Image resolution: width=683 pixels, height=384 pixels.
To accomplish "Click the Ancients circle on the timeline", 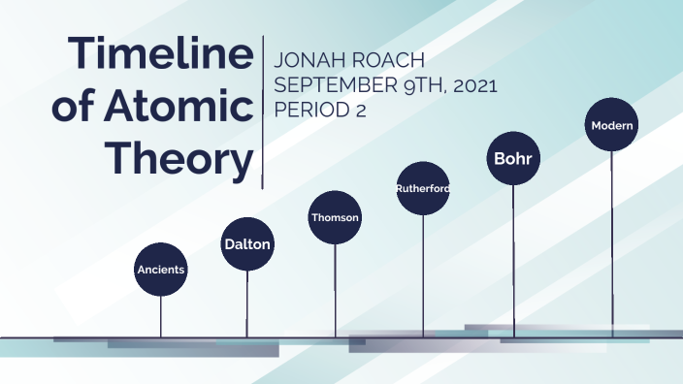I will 161,268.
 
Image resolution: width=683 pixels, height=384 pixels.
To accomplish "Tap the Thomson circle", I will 335,217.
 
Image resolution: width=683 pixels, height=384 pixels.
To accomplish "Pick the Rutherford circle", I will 423,188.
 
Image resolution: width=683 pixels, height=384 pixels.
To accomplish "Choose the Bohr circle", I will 512,156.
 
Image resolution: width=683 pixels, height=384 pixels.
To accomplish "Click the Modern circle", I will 612,126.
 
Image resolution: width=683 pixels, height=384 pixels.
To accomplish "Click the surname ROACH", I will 390,61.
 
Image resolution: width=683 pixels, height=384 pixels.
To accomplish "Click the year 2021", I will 472,85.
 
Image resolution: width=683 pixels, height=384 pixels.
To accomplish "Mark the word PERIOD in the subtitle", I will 309,110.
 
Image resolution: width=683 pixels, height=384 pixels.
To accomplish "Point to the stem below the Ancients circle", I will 161,315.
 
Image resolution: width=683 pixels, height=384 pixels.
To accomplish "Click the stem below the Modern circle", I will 612,242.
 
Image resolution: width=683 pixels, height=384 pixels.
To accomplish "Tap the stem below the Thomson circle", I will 335,291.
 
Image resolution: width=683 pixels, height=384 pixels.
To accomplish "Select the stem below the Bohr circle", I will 512,262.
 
